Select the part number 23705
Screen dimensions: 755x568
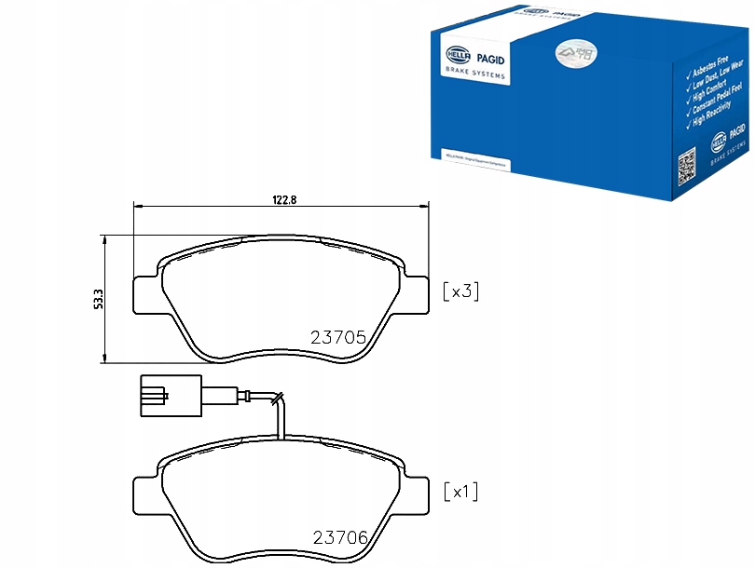[337, 338]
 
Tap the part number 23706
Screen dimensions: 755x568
[339, 537]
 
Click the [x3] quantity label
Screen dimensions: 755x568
[460, 291]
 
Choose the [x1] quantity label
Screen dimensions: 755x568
[460, 491]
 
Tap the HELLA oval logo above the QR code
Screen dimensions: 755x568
[719, 142]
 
